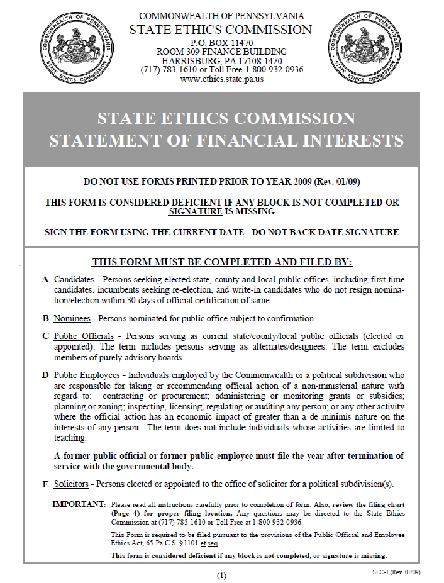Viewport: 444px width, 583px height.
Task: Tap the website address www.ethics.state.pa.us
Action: (221, 80)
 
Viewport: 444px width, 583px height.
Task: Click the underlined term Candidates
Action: (74, 279)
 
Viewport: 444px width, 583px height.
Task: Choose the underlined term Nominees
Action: (72, 318)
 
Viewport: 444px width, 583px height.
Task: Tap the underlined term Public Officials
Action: (80, 336)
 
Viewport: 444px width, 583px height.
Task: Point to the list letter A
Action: (45, 279)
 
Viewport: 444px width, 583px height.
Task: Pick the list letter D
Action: (45, 375)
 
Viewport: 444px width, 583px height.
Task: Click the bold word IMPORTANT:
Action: (79, 504)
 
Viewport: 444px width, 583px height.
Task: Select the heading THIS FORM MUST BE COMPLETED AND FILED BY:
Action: (221, 261)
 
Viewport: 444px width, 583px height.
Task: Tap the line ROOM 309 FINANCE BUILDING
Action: (221, 52)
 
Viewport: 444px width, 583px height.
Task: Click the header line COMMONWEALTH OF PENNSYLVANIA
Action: (221, 16)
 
